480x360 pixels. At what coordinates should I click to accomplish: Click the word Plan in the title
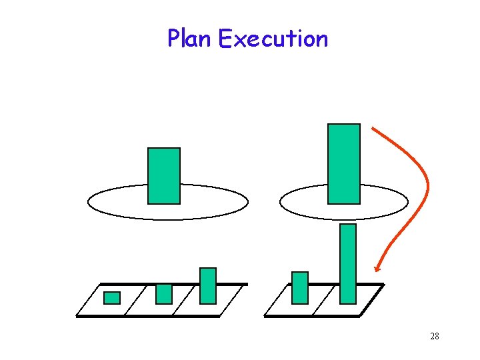pyautogui.click(x=189, y=39)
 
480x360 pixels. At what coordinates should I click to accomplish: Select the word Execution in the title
pyautogui.click(x=273, y=39)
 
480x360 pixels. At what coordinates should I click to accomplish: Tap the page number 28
pyautogui.click(x=434, y=336)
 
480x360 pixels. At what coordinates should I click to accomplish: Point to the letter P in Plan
pyautogui.click(x=173, y=39)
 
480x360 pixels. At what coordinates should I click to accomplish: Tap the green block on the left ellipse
pyautogui.click(x=164, y=175)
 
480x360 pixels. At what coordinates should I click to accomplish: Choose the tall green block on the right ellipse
pyautogui.click(x=344, y=163)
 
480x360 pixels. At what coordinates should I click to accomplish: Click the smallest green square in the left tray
pyautogui.click(x=112, y=297)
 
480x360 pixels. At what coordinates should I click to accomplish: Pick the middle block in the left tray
pyautogui.click(x=164, y=293)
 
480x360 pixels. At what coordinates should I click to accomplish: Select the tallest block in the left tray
pyautogui.click(x=208, y=285)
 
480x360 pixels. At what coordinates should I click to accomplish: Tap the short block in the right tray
pyautogui.click(x=300, y=287)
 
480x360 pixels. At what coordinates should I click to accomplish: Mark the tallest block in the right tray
pyautogui.click(x=348, y=263)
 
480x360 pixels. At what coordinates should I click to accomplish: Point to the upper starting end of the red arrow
pyautogui.click(x=373, y=128)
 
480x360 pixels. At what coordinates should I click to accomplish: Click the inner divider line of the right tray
pyautogui.click(x=323, y=300)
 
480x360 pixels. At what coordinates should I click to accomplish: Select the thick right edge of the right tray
pyautogui.click(x=373, y=299)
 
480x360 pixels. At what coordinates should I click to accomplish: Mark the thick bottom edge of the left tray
pyautogui.click(x=147, y=316)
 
